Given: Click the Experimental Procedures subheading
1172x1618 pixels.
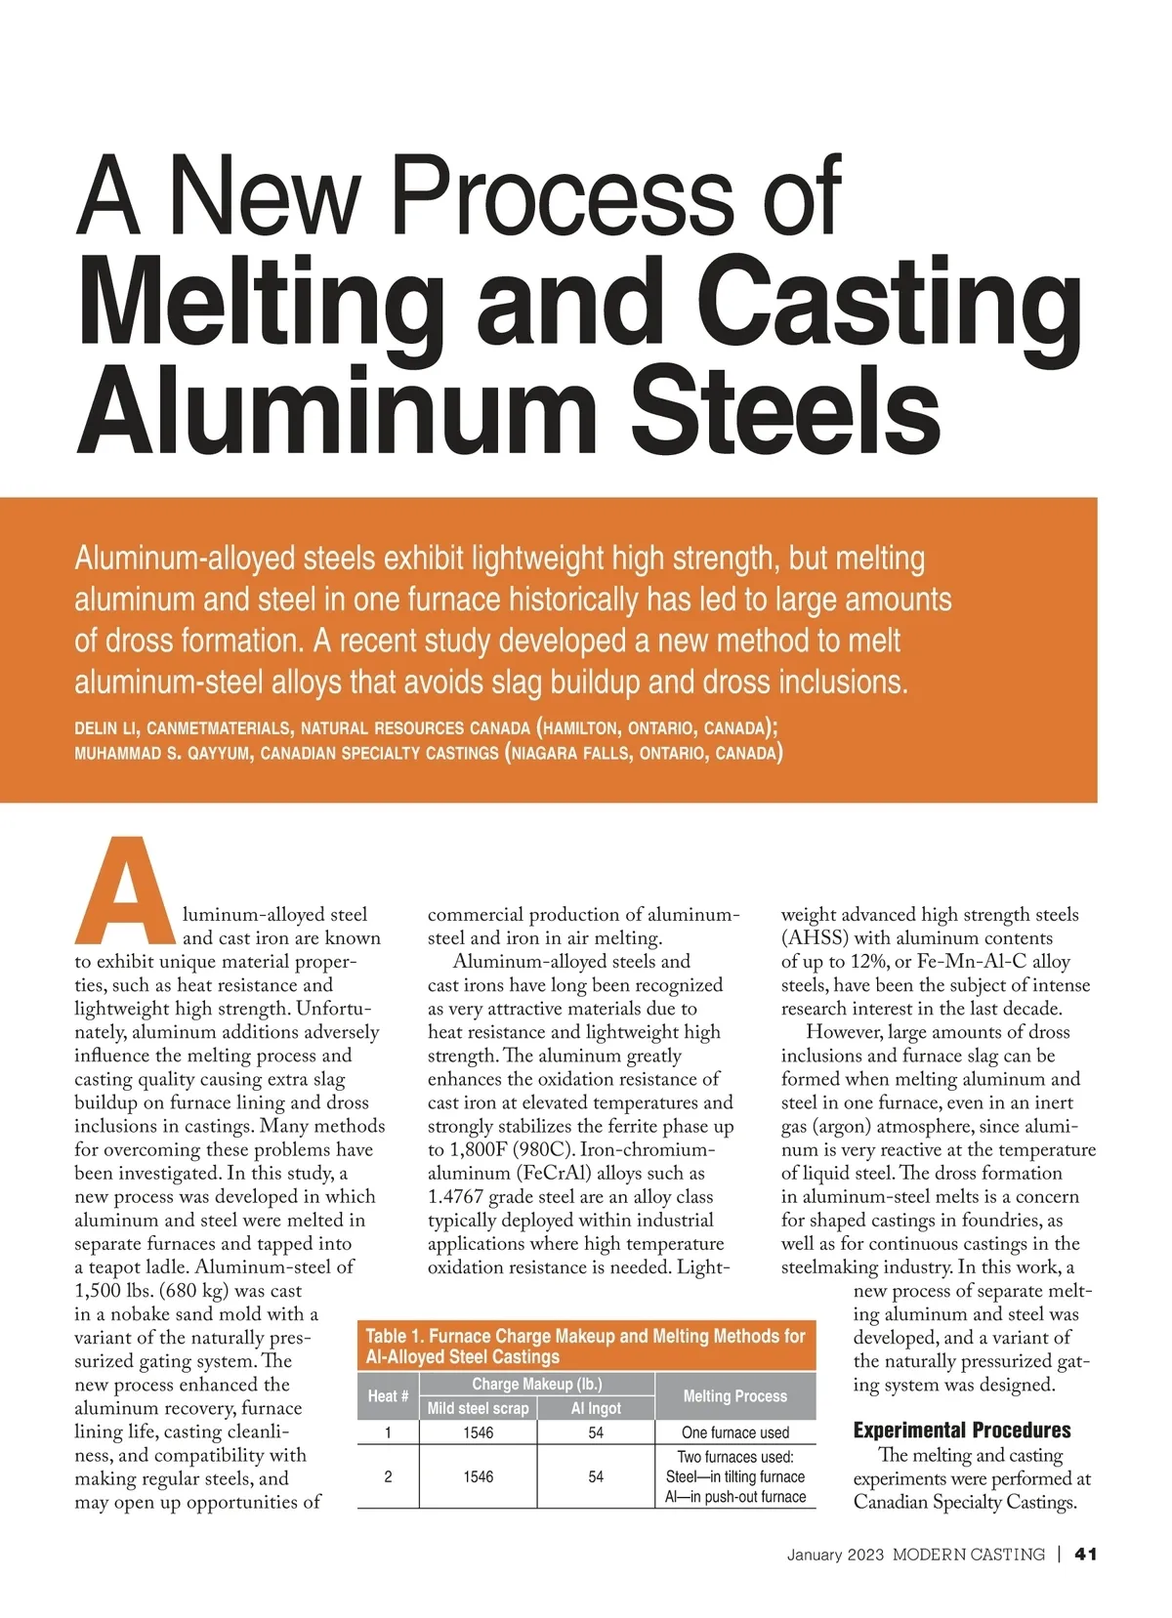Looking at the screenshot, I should click(961, 1431).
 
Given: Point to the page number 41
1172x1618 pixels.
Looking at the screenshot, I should click(1086, 1555).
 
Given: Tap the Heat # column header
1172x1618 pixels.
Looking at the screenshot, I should click(388, 1396).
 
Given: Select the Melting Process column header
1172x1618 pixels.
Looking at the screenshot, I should click(734, 1396).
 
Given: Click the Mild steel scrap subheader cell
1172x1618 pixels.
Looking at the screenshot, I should click(478, 1408).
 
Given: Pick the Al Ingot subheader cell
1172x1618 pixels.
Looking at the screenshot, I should click(596, 1408).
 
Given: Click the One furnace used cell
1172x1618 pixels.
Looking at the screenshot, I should click(734, 1432).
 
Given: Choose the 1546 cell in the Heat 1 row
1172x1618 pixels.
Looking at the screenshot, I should click(478, 1432).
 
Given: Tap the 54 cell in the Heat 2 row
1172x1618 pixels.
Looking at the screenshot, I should click(596, 1476).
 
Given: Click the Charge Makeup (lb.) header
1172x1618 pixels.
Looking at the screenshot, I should click(536, 1384).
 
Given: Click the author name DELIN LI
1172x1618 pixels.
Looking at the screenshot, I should click(108, 728).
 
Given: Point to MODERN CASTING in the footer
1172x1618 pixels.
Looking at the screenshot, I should click(968, 1555).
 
